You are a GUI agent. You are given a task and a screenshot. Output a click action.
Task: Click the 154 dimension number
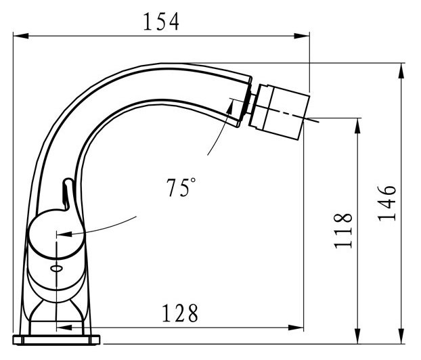point(161,22)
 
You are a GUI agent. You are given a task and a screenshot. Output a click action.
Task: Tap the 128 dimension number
point(180,313)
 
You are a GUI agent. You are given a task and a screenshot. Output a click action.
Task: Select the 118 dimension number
point(343,231)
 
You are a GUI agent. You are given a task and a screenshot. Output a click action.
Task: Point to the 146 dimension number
point(387,203)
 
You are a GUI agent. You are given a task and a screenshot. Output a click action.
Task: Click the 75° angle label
point(181,187)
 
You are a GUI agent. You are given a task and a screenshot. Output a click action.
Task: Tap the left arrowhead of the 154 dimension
point(21,36)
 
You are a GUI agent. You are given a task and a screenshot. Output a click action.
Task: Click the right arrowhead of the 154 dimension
point(302,36)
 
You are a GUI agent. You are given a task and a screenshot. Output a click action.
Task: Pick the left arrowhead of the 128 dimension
point(64,328)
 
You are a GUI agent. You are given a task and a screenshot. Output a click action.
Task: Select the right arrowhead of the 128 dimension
point(296,328)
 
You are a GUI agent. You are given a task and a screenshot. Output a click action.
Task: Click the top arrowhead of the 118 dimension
point(357,126)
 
